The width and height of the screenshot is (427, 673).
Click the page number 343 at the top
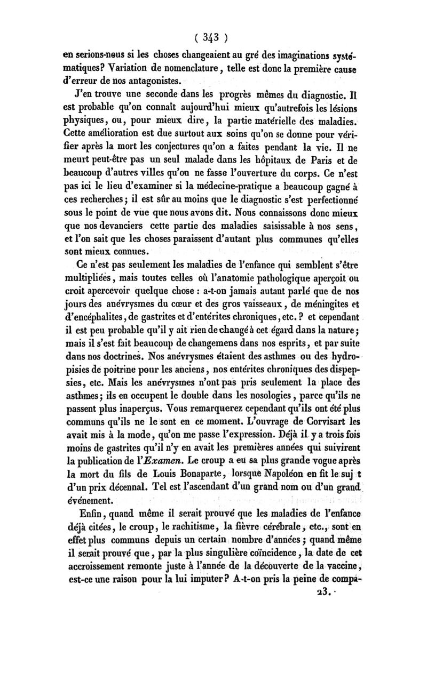(x=211, y=38)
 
